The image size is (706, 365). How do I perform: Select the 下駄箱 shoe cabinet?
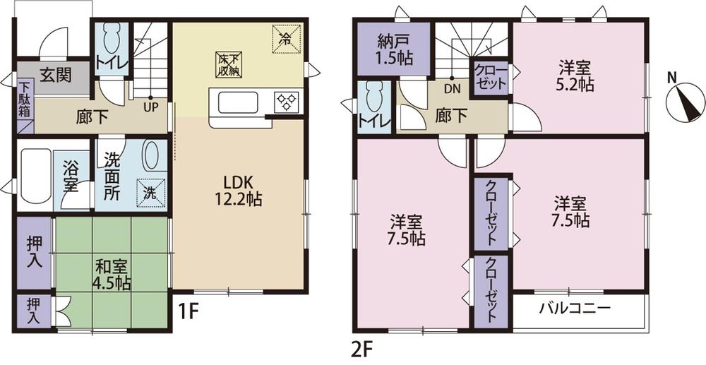[25, 99]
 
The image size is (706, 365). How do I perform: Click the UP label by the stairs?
[150, 109]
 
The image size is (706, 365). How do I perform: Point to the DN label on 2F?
[452, 90]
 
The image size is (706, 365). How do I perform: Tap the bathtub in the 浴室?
[35, 173]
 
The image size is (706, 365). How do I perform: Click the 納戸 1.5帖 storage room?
[393, 49]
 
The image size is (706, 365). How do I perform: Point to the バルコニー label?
[574, 309]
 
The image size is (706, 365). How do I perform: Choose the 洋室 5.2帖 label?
[575, 76]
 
